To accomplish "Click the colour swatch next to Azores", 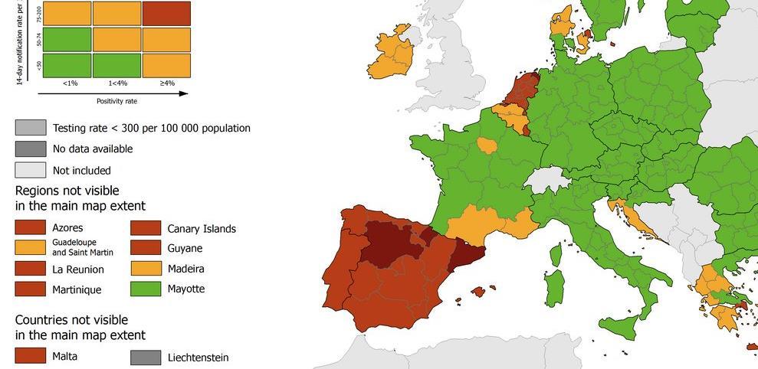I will pos(30,227).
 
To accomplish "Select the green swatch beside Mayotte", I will pos(146,289).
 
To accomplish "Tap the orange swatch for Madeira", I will pos(146,269).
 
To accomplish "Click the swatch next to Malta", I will pos(30,356).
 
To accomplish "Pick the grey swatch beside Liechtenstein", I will pos(146,357).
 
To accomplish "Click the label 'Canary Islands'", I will pos(202,228).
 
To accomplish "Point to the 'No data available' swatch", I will pos(30,149).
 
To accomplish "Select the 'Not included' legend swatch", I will pos(30,170).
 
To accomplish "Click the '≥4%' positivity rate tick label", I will pos(166,83).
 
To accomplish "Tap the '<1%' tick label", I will pos(67,83).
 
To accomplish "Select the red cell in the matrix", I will pos(166,13).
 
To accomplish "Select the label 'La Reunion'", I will pos(78,269).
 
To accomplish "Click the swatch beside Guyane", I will pos(146,248).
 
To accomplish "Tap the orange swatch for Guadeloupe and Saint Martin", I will pos(30,248).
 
